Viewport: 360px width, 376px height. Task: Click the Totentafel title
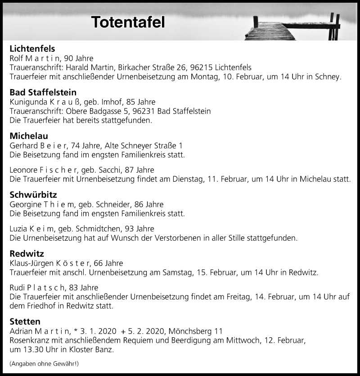point(128,22)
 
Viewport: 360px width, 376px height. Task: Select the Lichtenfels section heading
point(32,49)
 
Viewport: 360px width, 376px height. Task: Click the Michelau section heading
point(29,136)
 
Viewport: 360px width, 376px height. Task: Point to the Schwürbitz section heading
point(31,195)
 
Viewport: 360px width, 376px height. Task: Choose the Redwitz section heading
point(27,254)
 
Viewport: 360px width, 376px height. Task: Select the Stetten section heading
point(25,322)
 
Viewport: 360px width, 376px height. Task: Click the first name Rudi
point(17,287)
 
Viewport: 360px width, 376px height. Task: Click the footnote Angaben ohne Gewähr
point(44,363)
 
